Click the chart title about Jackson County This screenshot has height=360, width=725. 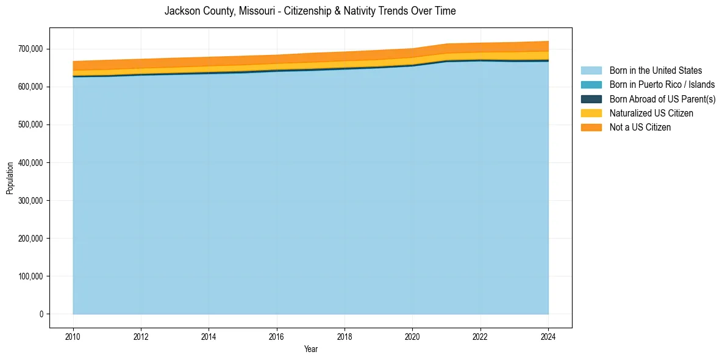pos(310,11)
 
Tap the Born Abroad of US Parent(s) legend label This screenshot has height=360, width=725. pos(662,99)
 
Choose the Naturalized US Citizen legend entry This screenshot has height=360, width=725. pos(651,113)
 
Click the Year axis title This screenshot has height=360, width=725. pos(310,349)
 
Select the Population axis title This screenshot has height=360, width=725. pos(10,178)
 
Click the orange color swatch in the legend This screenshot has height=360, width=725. pos(591,128)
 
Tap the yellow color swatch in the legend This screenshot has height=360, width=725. pos(591,113)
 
